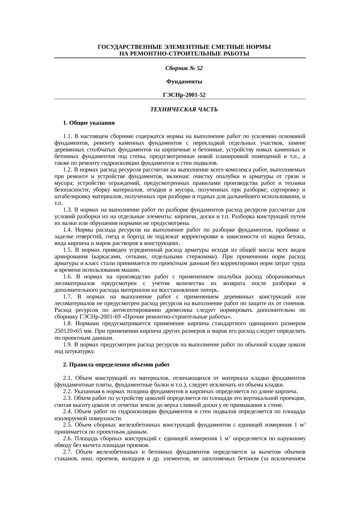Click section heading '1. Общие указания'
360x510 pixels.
(89, 123)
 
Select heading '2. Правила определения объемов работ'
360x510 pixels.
(116, 364)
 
